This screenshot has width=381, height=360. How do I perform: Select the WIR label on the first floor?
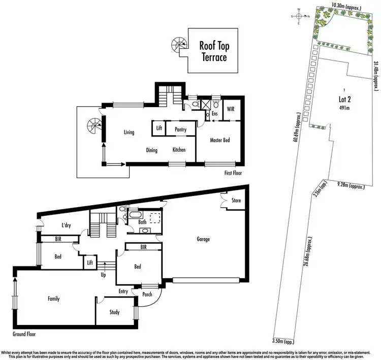tap(230, 109)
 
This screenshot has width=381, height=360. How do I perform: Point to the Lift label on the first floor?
tap(159, 129)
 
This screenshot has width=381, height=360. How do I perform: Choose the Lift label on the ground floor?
tap(90, 262)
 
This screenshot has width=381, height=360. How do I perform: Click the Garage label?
tap(203, 239)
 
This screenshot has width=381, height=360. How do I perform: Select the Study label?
tap(114, 312)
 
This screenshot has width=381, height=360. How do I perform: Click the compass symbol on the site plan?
tap(300, 16)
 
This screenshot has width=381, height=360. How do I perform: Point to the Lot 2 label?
tap(345, 100)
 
